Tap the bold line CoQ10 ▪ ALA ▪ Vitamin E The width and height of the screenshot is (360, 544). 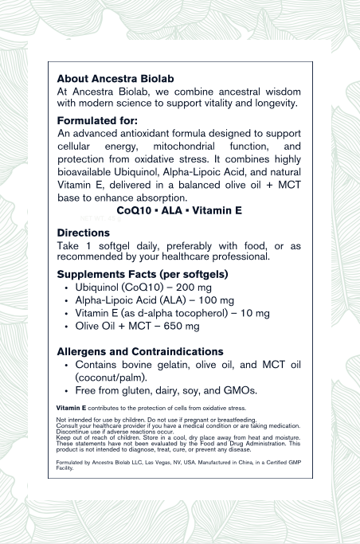pyautogui.click(x=178, y=211)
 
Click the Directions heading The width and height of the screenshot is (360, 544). pyautogui.click(x=84, y=233)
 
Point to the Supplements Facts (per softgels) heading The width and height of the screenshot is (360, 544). pyautogui.click(x=143, y=274)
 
